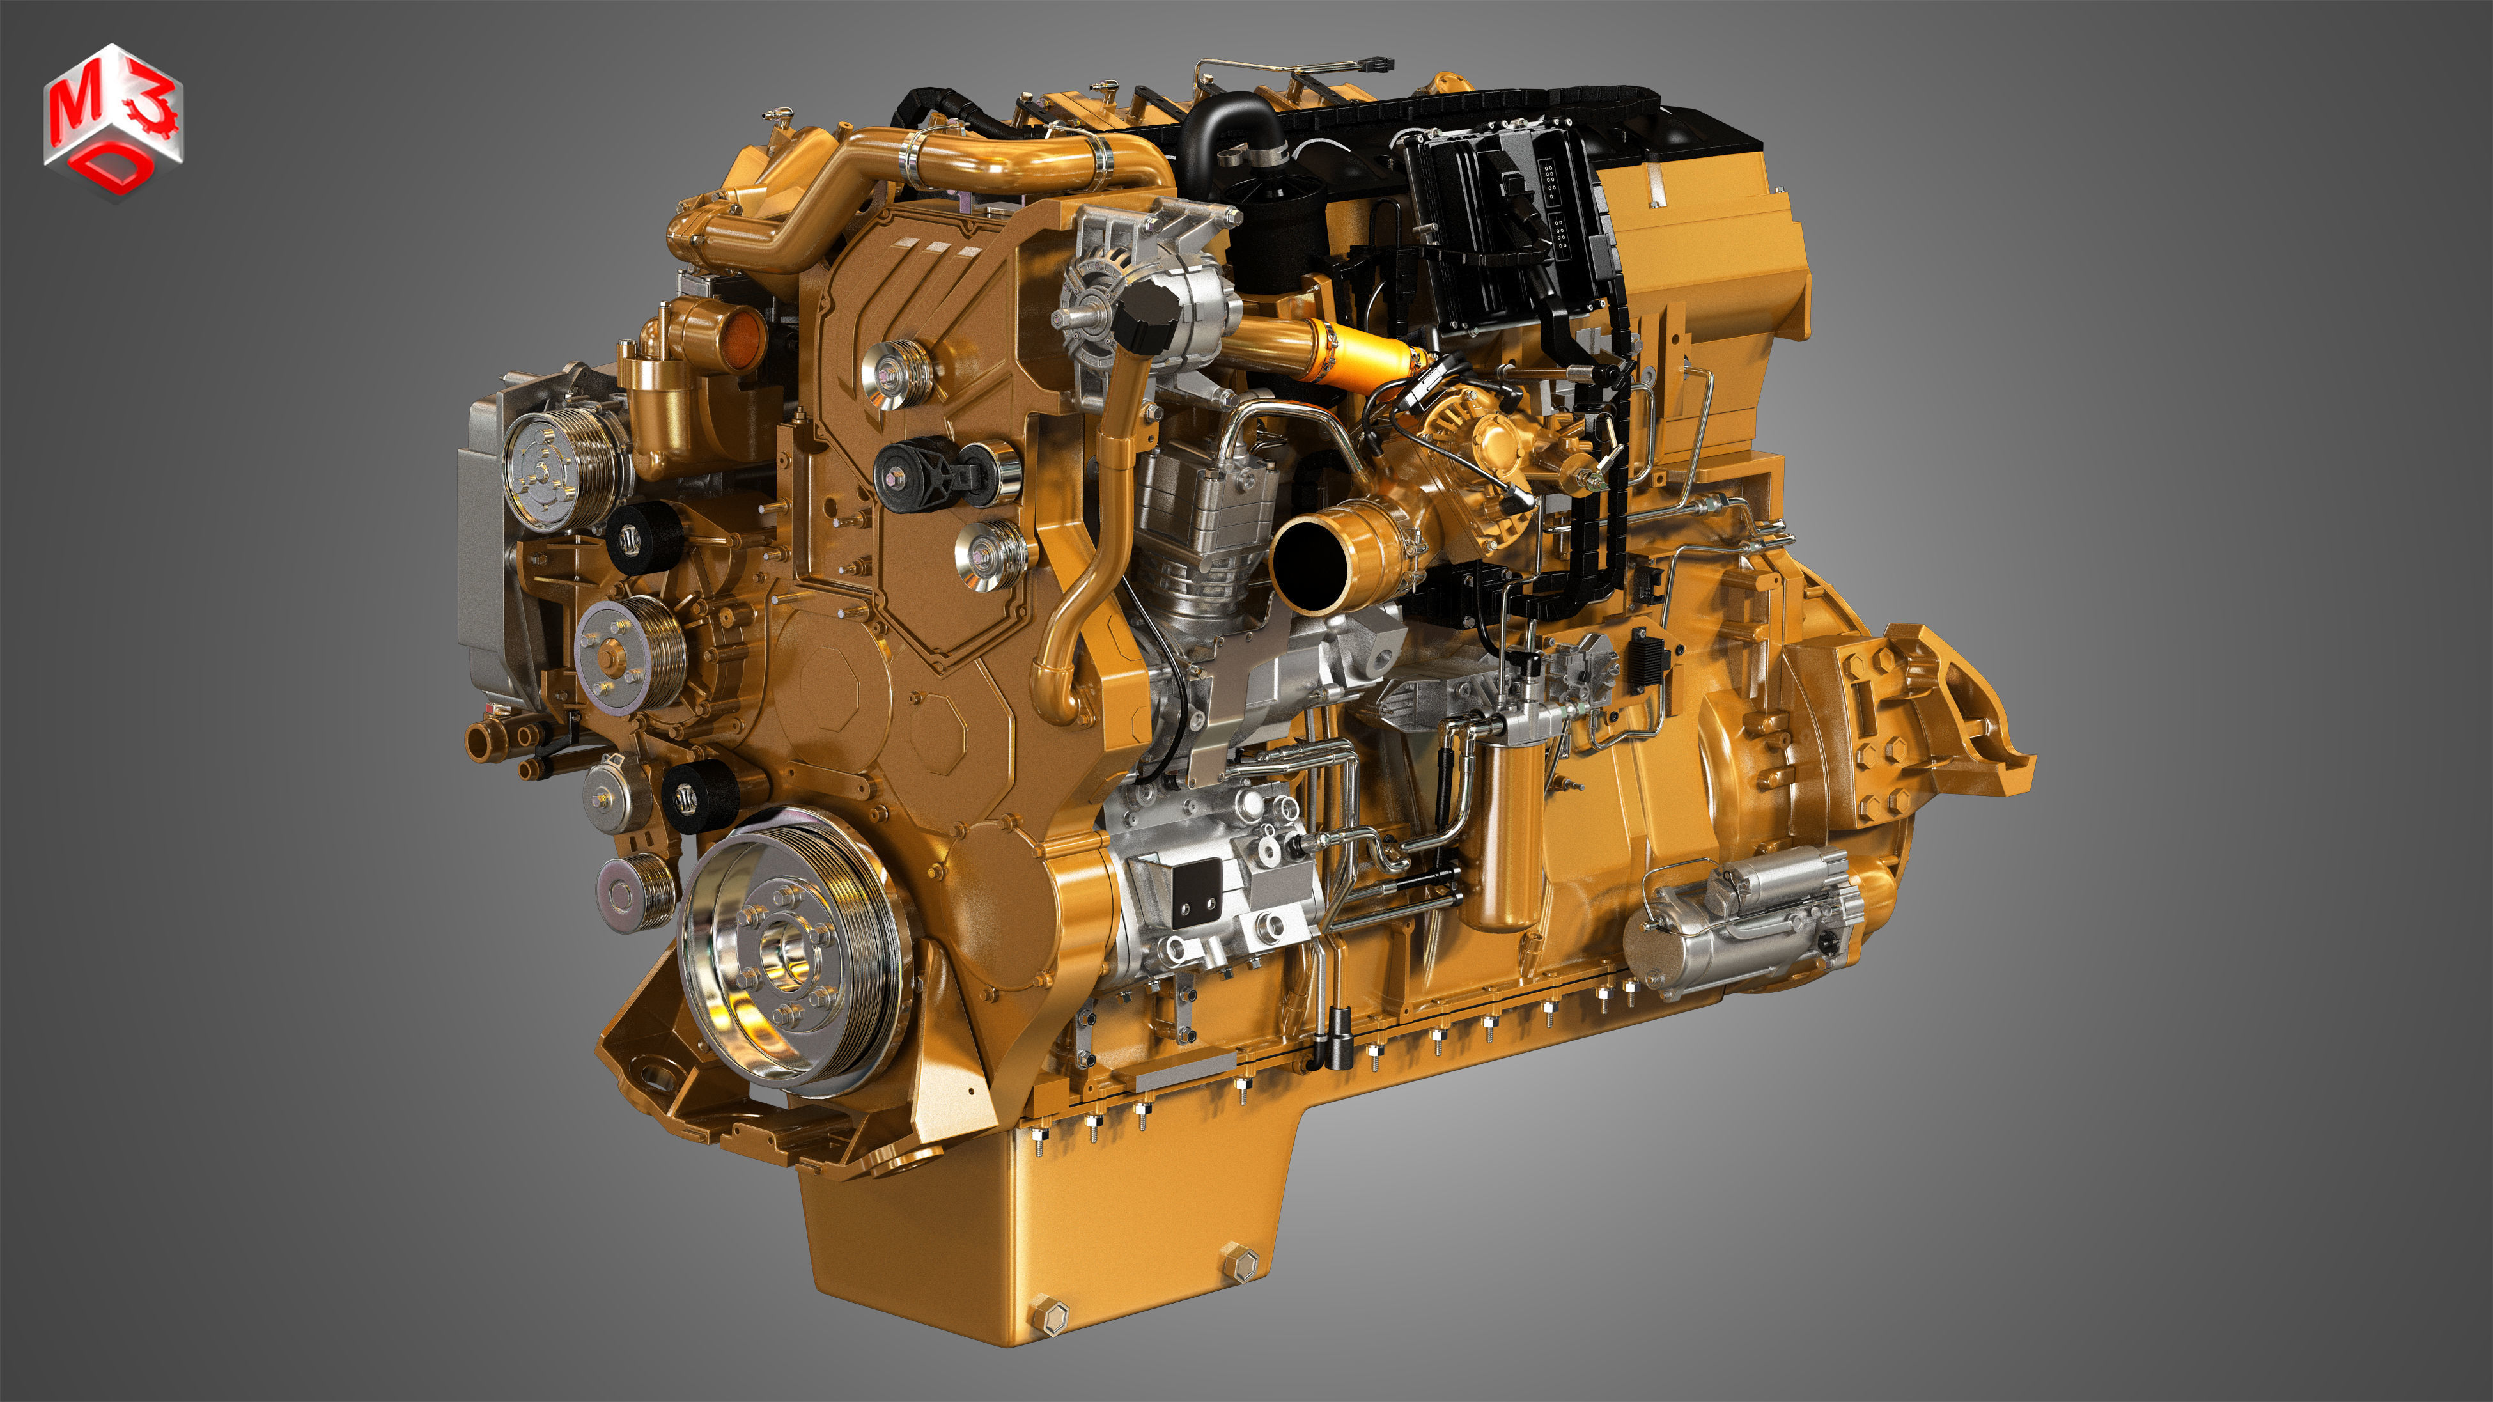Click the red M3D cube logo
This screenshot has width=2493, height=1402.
[x=113, y=121]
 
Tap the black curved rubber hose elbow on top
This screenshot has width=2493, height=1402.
[x=1224, y=136]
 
